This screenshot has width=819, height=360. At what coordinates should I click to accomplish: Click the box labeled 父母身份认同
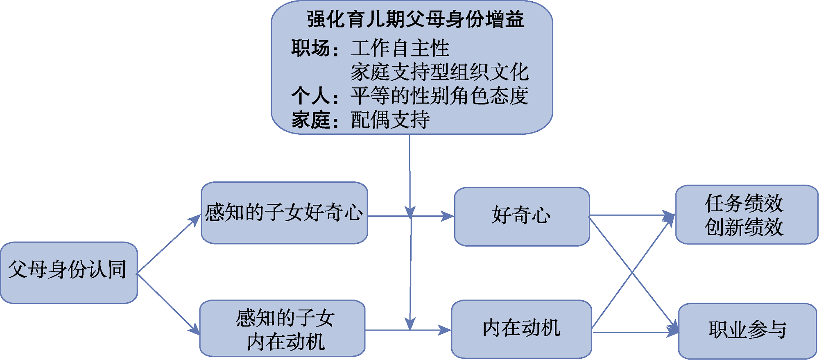coord(68,272)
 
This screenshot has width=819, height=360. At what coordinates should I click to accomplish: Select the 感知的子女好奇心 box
coord(284,213)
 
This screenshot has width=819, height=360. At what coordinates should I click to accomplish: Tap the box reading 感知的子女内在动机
coord(283,329)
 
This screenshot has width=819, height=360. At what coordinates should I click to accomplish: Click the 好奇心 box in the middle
coord(522,216)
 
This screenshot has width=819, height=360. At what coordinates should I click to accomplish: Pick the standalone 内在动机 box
coord(521,329)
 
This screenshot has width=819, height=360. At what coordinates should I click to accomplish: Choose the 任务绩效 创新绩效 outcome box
coord(746,215)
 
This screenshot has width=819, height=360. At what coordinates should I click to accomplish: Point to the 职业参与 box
coord(747,331)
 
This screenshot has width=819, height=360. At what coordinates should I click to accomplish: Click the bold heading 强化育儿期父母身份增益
coord(415,20)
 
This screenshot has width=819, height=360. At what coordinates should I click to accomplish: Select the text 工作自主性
coord(400,48)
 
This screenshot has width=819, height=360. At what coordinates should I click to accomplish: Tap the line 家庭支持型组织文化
coord(440,72)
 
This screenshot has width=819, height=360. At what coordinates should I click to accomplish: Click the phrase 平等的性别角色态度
coord(440,96)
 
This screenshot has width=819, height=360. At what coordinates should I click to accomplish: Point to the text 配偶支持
coord(390,120)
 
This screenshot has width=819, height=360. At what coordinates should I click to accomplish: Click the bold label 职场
coord(310,48)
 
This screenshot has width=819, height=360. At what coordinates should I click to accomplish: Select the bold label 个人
coord(310,96)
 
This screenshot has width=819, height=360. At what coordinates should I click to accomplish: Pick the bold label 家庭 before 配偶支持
coord(310,120)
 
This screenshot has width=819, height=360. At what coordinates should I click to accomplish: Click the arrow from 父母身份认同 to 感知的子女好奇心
coord(168,245)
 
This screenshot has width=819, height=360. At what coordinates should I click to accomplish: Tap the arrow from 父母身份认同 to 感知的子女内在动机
coord(168,303)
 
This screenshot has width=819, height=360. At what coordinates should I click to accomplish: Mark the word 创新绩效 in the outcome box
coord(744,227)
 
